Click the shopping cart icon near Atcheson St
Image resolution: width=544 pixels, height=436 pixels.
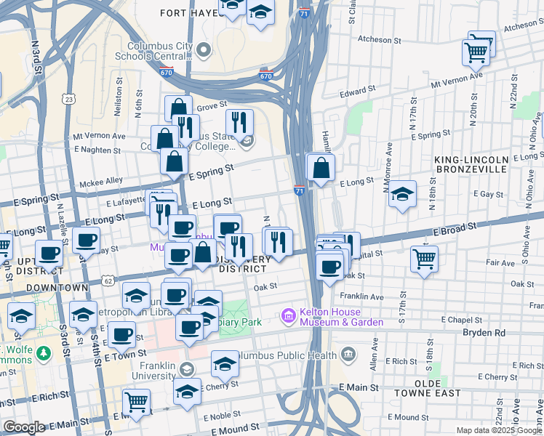(x=477, y=51)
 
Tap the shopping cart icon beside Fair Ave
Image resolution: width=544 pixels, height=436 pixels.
(x=424, y=258)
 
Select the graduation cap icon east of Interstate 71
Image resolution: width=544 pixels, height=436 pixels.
(x=401, y=195)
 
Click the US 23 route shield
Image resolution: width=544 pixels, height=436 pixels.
(x=68, y=98)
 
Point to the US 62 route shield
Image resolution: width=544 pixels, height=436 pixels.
(x=108, y=279)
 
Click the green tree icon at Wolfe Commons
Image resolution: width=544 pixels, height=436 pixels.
(x=45, y=353)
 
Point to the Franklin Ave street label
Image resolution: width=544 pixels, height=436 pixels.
(x=362, y=296)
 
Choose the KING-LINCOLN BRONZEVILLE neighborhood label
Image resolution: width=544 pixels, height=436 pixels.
(x=480, y=163)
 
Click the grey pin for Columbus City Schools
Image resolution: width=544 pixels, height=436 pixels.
(x=204, y=50)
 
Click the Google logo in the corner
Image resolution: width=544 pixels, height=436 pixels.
(x=24, y=427)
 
